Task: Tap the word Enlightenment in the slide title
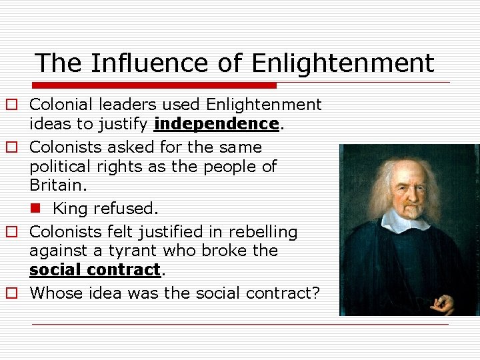click(x=343, y=64)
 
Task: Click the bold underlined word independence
click(x=215, y=124)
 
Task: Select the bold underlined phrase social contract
click(x=95, y=270)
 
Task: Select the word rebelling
click(x=263, y=232)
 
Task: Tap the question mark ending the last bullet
click(x=316, y=293)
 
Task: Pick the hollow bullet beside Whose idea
click(x=12, y=293)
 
